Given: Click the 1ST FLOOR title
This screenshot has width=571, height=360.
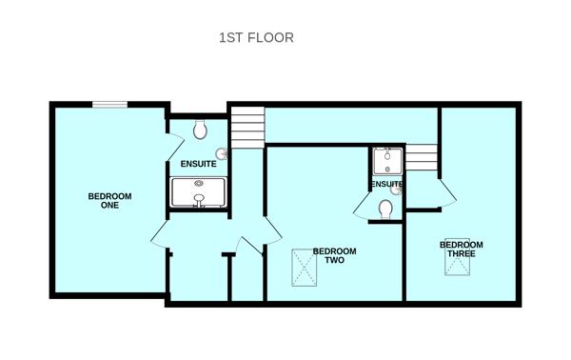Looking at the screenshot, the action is point(256,38).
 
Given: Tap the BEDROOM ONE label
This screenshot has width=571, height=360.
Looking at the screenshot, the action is point(109,201).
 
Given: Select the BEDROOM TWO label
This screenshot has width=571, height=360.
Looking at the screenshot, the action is point(334,255).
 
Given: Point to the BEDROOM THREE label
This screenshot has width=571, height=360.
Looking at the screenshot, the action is point(461,249).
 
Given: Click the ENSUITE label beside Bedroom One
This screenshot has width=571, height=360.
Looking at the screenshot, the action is point(199,164).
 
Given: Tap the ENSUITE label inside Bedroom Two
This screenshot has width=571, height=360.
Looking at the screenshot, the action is point(386,184).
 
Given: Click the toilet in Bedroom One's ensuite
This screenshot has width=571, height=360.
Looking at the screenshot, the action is point(200,130).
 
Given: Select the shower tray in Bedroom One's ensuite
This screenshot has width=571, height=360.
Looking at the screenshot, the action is point(199,192).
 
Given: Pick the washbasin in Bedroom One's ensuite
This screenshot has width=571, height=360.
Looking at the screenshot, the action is point(222,153).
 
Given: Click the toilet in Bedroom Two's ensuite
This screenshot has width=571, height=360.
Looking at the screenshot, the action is point(385,210).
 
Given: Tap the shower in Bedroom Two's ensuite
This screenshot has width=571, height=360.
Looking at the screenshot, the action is point(387,161).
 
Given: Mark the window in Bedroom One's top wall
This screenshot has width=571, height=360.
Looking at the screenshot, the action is point(109,105).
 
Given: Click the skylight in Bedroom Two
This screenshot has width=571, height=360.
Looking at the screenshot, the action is point(305,268).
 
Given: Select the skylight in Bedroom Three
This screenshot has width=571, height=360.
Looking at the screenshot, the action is point(457,256).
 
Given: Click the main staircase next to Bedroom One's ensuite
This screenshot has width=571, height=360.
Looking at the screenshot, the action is point(248,128).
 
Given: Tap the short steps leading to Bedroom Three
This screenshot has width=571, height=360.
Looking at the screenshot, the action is point(422,157).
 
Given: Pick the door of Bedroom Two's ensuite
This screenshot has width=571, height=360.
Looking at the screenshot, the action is point(361,207).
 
